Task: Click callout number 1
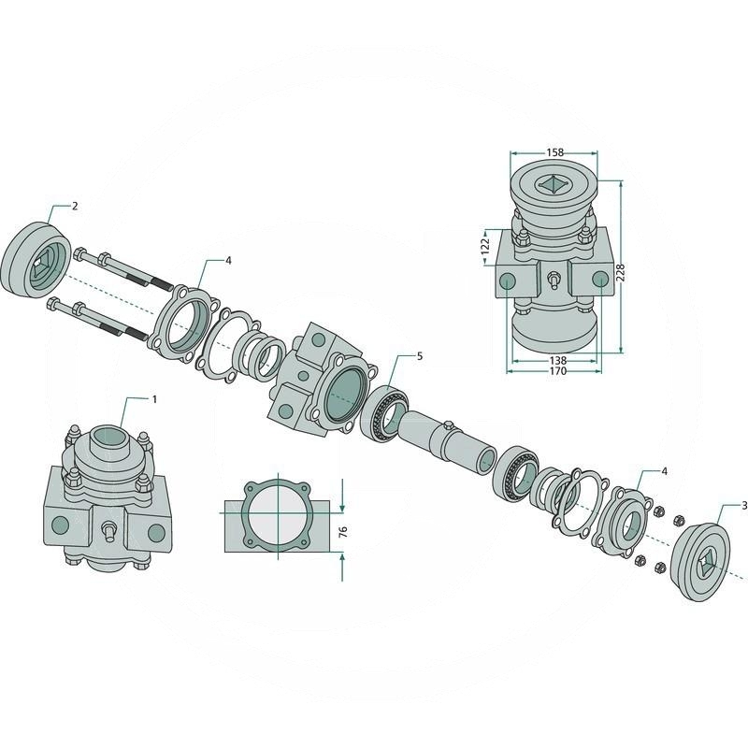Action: pos(154,398)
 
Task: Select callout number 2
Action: pos(75,205)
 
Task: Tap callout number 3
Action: pos(743,506)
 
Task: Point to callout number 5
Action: pos(420,356)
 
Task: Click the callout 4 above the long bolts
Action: pos(228,260)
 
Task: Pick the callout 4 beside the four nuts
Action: pos(664,471)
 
